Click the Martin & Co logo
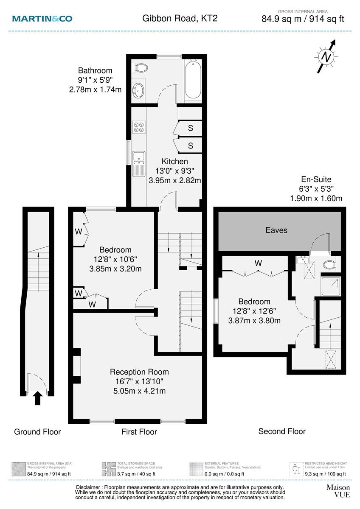(x=42, y=18)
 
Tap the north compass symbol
(x=326, y=56)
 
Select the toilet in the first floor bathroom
(x=140, y=68)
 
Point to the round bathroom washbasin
(x=139, y=89)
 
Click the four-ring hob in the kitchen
(x=139, y=128)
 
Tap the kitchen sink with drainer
(x=138, y=163)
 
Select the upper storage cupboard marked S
(x=190, y=128)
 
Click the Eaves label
(x=276, y=230)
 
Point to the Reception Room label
(x=136, y=372)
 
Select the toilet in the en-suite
(x=329, y=266)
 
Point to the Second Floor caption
(x=282, y=431)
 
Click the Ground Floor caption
(x=37, y=432)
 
